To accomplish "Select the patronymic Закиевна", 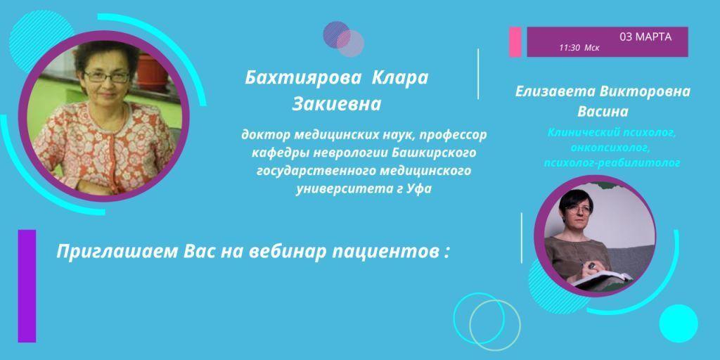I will click(335, 105).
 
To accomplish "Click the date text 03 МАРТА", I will click(645, 37).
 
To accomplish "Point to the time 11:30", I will click(570, 48).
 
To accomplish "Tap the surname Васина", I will click(603, 111).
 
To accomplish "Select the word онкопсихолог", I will click(602, 147).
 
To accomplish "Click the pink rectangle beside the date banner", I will click(515, 41).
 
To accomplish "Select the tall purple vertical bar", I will click(27, 285).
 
